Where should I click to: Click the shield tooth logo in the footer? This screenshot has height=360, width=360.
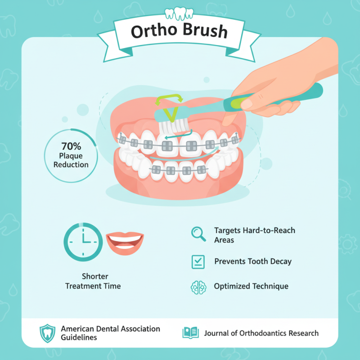46,333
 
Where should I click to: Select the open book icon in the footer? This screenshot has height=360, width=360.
190,333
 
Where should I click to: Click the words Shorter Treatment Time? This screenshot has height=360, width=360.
93,281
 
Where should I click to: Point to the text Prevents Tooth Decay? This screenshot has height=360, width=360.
253,261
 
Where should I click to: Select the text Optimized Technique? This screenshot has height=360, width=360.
251,286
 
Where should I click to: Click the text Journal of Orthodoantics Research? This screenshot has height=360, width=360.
261,333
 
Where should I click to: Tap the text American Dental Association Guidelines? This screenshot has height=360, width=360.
110,333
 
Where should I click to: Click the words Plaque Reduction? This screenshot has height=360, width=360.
71,160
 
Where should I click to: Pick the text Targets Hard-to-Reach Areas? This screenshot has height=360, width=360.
255,235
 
